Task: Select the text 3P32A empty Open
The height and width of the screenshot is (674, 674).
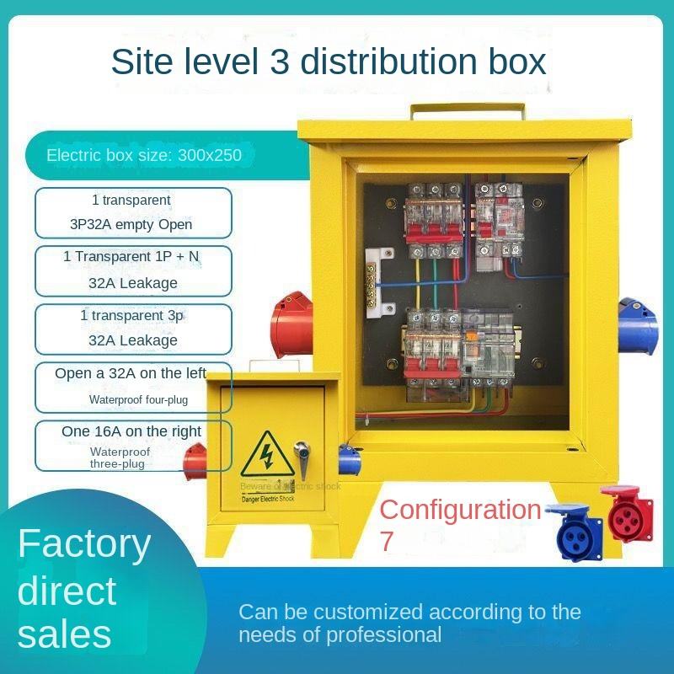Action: (x=131, y=224)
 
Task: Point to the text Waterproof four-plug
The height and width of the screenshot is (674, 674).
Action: (x=139, y=399)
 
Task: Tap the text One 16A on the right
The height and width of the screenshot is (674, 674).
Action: (x=131, y=431)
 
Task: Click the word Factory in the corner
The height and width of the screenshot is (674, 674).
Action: (x=84, y=544)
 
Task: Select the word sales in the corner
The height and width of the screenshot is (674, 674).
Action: (x=64, y=634)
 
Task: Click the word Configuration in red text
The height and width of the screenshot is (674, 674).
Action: (x=460, y=510)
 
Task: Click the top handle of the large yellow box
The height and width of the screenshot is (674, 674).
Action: (x=468, y=110)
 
